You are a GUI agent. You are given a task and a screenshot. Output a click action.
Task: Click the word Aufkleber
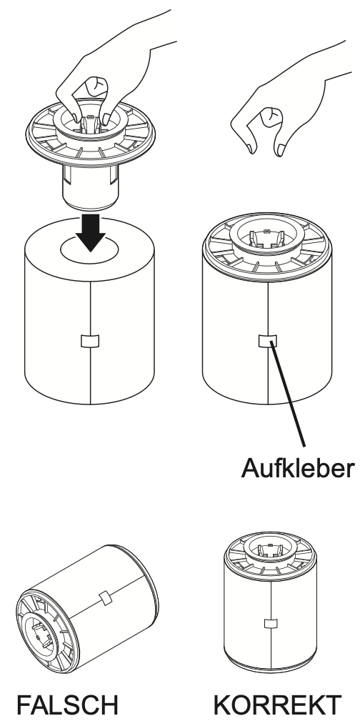tap(298, 468)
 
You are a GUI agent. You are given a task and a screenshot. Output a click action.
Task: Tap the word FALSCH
tap(68, 705)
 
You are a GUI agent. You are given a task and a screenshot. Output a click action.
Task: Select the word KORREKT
tap(277, 705)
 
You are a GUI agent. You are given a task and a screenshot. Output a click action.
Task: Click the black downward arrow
tap(91, 232)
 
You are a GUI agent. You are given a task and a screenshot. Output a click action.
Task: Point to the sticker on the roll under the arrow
tap(90, 341)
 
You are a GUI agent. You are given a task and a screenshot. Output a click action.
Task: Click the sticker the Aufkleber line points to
tap(267, 341)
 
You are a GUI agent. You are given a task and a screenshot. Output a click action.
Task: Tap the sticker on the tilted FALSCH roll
tap(106, 598)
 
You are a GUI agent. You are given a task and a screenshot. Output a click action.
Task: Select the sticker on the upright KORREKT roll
tap(271, 623)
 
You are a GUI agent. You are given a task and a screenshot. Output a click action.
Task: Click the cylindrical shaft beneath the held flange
tap(91, 187)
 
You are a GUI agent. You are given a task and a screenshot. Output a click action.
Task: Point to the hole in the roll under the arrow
tap(89, 249)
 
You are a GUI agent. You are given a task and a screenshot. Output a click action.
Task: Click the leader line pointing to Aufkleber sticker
tap(289, 397)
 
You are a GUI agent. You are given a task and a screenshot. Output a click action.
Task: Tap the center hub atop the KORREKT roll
tap(270, 550)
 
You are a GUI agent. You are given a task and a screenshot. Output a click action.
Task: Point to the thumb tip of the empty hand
tap(281, 151)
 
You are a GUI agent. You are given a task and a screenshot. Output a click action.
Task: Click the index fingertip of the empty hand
tap(251, 149)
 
